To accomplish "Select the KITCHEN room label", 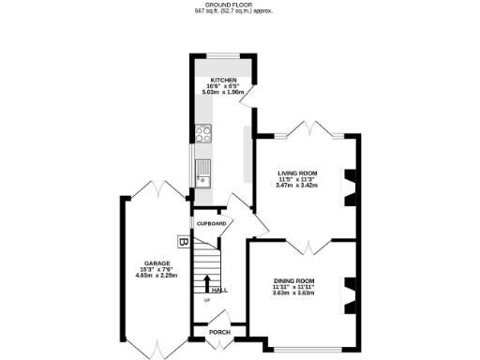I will click(222, 81).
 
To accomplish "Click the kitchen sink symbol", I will click(202, 171).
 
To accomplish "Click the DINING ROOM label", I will click(294, 281).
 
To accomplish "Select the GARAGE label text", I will click(157, 262).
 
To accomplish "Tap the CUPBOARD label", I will click(211, 224).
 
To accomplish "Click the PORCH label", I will click(219, 332).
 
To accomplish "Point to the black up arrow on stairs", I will click(207, 282).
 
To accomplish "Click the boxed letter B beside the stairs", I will click(184, 242).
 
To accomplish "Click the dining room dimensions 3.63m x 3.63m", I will click(294, 294).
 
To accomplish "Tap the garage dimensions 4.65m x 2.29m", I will click(157, 276).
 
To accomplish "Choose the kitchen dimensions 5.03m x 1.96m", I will click(222, 93).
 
